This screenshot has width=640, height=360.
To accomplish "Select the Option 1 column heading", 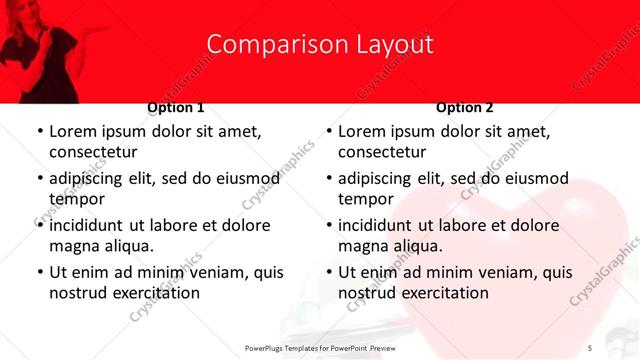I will [x=176, y=107].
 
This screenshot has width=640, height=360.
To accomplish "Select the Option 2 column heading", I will [x=465, y=107].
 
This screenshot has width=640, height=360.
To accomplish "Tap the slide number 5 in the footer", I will [x=590, y=347].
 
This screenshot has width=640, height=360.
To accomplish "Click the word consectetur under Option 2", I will [x=382, y=152].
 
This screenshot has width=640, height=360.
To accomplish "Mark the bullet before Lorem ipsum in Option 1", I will [x=39, y=131].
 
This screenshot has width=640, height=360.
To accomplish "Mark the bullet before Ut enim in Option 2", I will [x=328, y=272].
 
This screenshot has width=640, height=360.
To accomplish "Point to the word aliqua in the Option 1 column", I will [x=128, y=246].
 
